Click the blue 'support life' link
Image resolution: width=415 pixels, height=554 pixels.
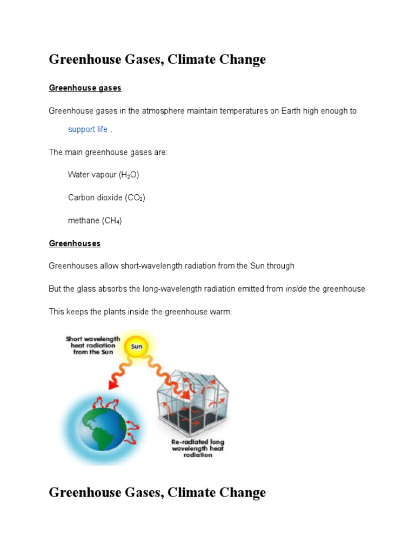coord(88,130)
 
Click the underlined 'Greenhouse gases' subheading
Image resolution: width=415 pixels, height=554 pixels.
coord(85,88)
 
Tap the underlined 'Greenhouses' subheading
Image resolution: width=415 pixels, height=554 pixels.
coord(75,243)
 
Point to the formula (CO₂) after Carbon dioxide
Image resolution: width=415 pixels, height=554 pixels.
coord(135,198)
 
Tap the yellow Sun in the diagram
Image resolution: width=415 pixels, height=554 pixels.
coord(137,347)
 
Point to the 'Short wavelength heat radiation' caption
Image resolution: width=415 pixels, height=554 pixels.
coord(93,345)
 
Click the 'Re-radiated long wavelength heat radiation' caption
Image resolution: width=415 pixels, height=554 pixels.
coord(198,448)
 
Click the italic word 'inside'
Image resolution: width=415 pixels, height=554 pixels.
coord(296,289)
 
